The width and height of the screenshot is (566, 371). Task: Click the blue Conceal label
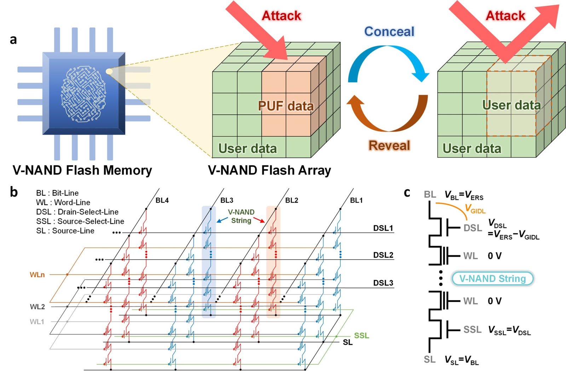pos(389,31)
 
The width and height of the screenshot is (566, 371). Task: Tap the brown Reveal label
pos(389,145)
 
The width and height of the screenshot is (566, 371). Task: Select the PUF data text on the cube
pos(286,106)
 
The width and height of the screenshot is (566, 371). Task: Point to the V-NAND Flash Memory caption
pos(82,170)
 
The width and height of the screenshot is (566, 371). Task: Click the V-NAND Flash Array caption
pos(269,170)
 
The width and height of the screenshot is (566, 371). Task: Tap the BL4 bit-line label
pos(162,201)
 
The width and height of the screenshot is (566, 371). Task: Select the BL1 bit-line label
pos(356,201)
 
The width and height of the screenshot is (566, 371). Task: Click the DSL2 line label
pos(383,255)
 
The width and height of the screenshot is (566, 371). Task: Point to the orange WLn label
pos(37,275)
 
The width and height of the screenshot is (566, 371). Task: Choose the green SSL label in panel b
pos(362,335)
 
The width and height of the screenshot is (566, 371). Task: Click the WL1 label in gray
pos(37,322)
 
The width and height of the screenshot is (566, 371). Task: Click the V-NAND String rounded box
pos(492,279)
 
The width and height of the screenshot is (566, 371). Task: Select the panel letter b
pos(14,192)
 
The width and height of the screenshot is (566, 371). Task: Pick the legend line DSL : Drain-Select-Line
pos(77,212)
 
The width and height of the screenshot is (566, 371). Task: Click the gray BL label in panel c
pos(430,195)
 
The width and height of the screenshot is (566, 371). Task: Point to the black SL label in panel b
pos(348,342)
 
